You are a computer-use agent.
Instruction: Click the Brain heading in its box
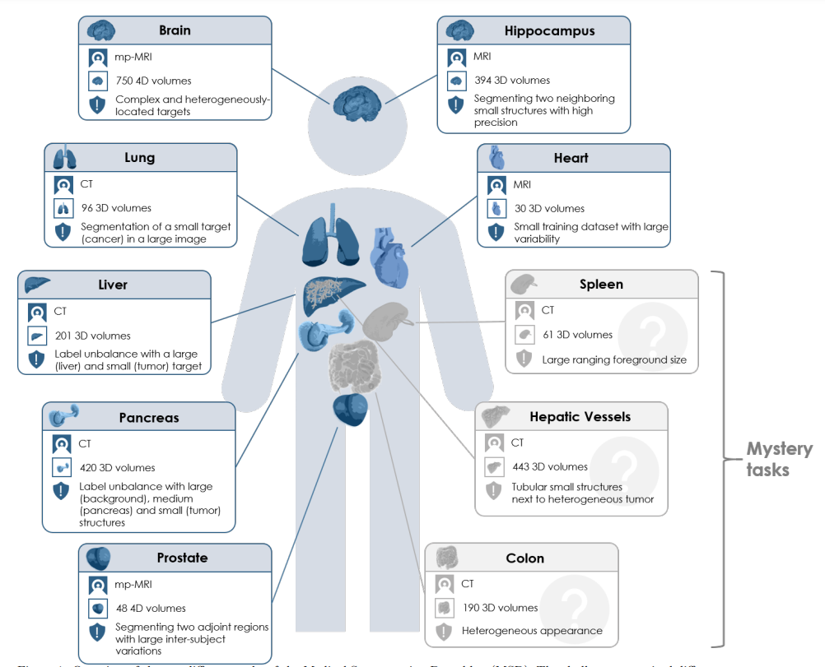175,30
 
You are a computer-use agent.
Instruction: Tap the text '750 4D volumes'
153,81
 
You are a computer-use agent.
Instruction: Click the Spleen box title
601,285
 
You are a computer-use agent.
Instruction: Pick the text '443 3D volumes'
550,466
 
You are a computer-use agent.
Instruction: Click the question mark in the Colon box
575,606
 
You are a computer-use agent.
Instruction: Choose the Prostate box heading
181,558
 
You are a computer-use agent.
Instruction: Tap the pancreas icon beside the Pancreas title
64,415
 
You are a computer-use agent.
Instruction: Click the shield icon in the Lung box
63,231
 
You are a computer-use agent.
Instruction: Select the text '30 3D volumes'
549,208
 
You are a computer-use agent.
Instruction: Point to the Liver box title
113,285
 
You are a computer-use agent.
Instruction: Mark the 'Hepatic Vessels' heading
580,416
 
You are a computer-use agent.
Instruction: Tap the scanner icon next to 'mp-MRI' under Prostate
98,586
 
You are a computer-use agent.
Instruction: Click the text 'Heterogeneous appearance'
531,631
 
